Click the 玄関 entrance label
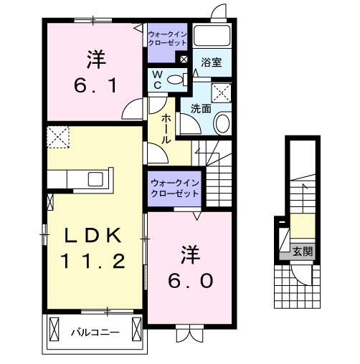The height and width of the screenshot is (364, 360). point(303,251)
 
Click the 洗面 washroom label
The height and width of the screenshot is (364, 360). point(200,109)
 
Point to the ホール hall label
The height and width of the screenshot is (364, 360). point(166,128)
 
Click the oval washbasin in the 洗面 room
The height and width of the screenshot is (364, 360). point(222,123)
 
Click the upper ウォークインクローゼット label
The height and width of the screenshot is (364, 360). point(166,37)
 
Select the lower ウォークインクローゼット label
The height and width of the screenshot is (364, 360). point(174,188)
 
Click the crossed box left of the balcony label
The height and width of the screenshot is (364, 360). point(55,331)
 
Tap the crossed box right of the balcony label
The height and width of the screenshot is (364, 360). point(136,331)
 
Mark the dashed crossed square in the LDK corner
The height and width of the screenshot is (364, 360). point(57,136)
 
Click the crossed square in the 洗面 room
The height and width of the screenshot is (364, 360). point(222,91)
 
